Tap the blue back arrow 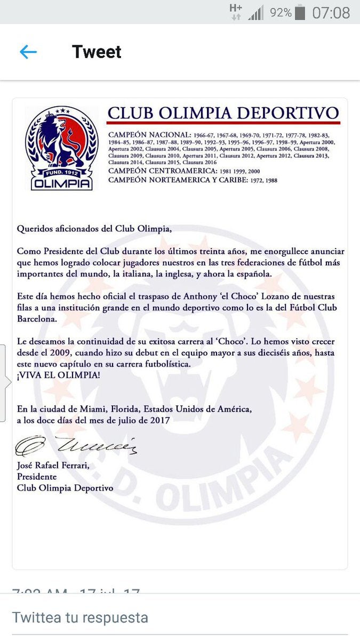(28, 52)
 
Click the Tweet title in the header (97, 52)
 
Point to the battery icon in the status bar (300, 12)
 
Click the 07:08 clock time (331, 12)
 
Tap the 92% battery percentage (281, 12)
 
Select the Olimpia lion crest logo (61, 148)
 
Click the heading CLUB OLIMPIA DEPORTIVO (223, 113)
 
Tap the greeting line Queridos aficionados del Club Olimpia (95, 229)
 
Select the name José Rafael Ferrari (53, 466)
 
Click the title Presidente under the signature (37, 477)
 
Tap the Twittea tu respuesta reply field (80, 617)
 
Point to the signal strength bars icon (257, 12)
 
